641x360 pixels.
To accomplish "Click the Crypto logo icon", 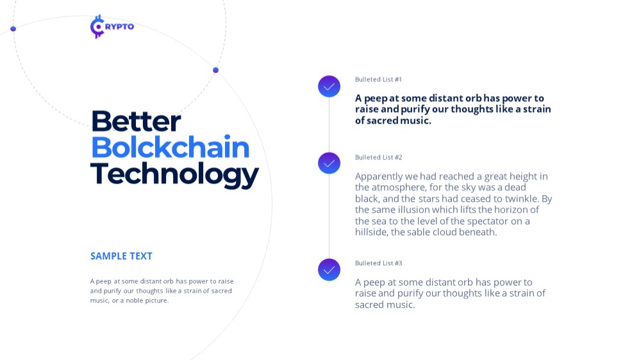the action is point(97,26).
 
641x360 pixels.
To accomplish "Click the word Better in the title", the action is point(136,121).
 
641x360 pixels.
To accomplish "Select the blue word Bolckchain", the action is point(170,147).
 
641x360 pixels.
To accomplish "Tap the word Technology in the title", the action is point(174,174).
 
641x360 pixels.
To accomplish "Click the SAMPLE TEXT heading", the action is point(121,256).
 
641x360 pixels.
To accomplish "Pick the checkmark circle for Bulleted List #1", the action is point(329,86).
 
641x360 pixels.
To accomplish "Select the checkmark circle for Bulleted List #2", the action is point(329,163).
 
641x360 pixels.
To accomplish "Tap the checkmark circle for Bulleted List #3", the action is point(329,270).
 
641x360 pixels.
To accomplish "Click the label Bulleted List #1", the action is point(378,79).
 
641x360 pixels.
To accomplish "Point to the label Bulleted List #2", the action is point(379,158).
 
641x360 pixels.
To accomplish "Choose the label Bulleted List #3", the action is point(379,263).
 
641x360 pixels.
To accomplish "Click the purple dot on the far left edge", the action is point(13,29).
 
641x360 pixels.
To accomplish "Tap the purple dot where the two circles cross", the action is point(216,70).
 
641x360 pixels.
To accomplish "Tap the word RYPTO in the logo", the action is point(119,26).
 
